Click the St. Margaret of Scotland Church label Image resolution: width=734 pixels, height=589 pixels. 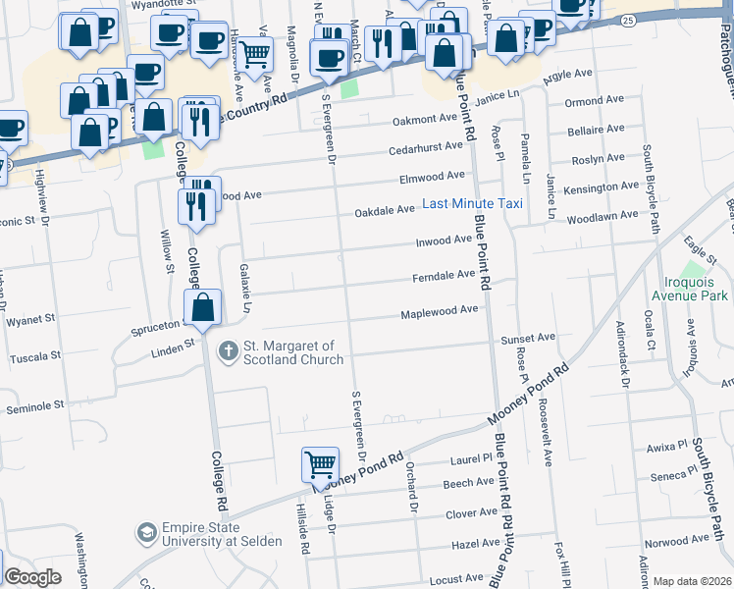[293, 352]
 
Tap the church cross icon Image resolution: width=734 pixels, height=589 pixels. [229, 349]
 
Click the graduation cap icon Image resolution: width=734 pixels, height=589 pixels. [147, 532]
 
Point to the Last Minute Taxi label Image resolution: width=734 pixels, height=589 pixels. [472, 204]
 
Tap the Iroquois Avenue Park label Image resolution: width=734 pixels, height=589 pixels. [693, 294]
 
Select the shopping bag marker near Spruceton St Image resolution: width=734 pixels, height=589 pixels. [202, 307]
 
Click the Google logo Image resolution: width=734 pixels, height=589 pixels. [32, 578]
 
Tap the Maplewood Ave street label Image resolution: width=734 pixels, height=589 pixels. [439, 312]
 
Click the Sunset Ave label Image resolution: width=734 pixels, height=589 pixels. [528, 338]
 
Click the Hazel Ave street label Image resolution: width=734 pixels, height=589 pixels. [477, 544]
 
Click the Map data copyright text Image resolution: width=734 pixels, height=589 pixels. [692, 581]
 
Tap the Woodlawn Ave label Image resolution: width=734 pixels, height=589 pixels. [602, 216]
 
